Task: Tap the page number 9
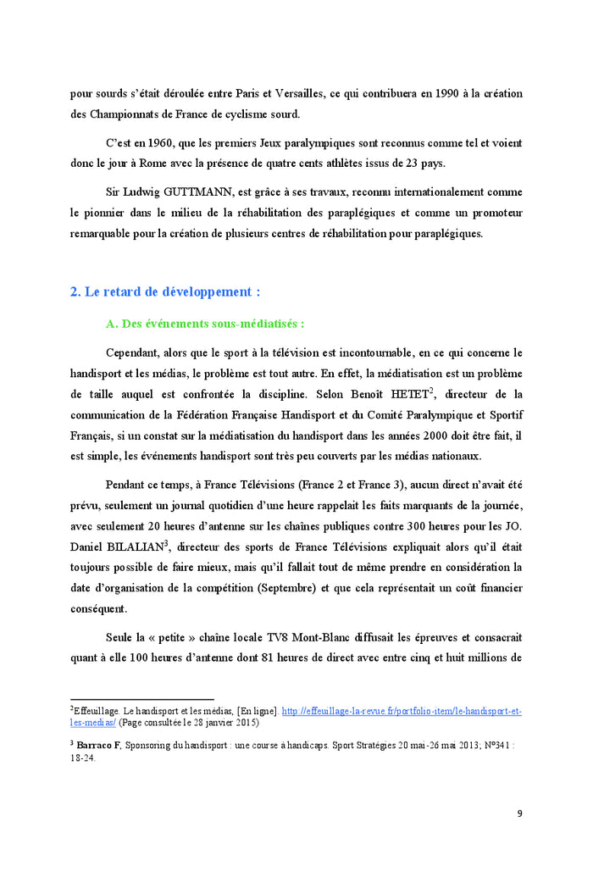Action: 519,814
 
